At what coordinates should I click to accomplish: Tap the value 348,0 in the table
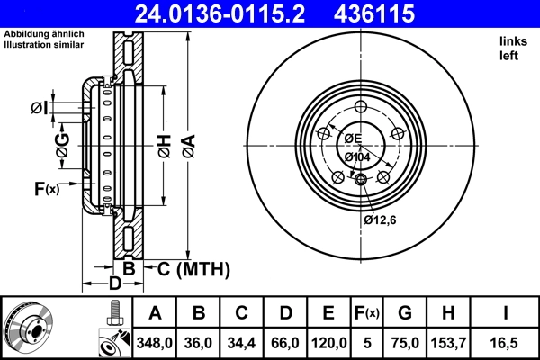coord(155,341)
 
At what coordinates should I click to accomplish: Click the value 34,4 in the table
coord(242,341)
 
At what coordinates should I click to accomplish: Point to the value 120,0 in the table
coord(329,341)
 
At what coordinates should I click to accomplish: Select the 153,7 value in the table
coord(449,341)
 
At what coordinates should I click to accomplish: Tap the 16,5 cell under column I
coord(507,341)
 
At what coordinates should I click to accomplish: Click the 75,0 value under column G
coord(405,341)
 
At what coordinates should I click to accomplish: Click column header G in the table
coord(405,313)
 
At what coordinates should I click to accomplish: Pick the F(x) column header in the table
coord(367,313)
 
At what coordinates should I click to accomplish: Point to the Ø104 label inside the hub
coord(359,157)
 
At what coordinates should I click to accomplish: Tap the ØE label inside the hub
coord(351,139)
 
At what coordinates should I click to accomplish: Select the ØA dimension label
coord(188,143)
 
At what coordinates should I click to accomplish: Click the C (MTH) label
coord(193,269)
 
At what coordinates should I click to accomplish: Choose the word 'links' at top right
coord(514,41)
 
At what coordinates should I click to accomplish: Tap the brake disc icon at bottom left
coord(30,327)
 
